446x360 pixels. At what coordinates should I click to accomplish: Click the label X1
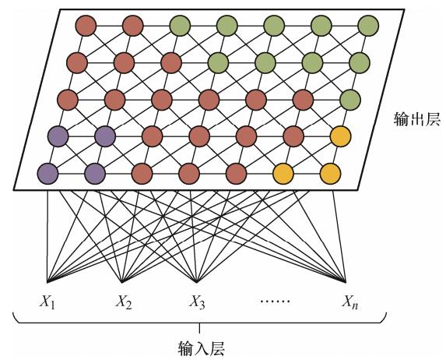(47, 302)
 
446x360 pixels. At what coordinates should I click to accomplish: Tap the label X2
(124, 302)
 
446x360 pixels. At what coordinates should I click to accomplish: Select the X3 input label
(197, 302)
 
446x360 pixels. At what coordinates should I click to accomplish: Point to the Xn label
(349, 302)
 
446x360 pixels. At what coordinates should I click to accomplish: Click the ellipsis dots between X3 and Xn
(275, 301)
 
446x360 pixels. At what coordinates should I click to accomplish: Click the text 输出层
(416, 119)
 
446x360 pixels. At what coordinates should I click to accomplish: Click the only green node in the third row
(350, 100)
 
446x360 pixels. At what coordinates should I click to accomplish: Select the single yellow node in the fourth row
(340, 136)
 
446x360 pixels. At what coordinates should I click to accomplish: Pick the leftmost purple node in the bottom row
(47, 174)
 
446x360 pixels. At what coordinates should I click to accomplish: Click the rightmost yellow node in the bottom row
(330, 174)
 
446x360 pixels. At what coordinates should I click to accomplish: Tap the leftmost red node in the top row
(86, 26)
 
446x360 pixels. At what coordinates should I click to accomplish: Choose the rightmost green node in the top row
(368, 26)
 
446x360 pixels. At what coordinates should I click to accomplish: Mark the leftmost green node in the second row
(218, 62)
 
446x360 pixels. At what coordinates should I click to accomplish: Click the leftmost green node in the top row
(180, 26)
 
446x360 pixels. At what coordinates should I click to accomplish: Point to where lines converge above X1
(47, 282)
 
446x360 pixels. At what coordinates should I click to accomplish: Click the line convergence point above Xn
(346, 282)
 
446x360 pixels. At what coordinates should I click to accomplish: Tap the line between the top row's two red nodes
(110, 26)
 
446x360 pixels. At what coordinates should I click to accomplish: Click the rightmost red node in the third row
(303, 100)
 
